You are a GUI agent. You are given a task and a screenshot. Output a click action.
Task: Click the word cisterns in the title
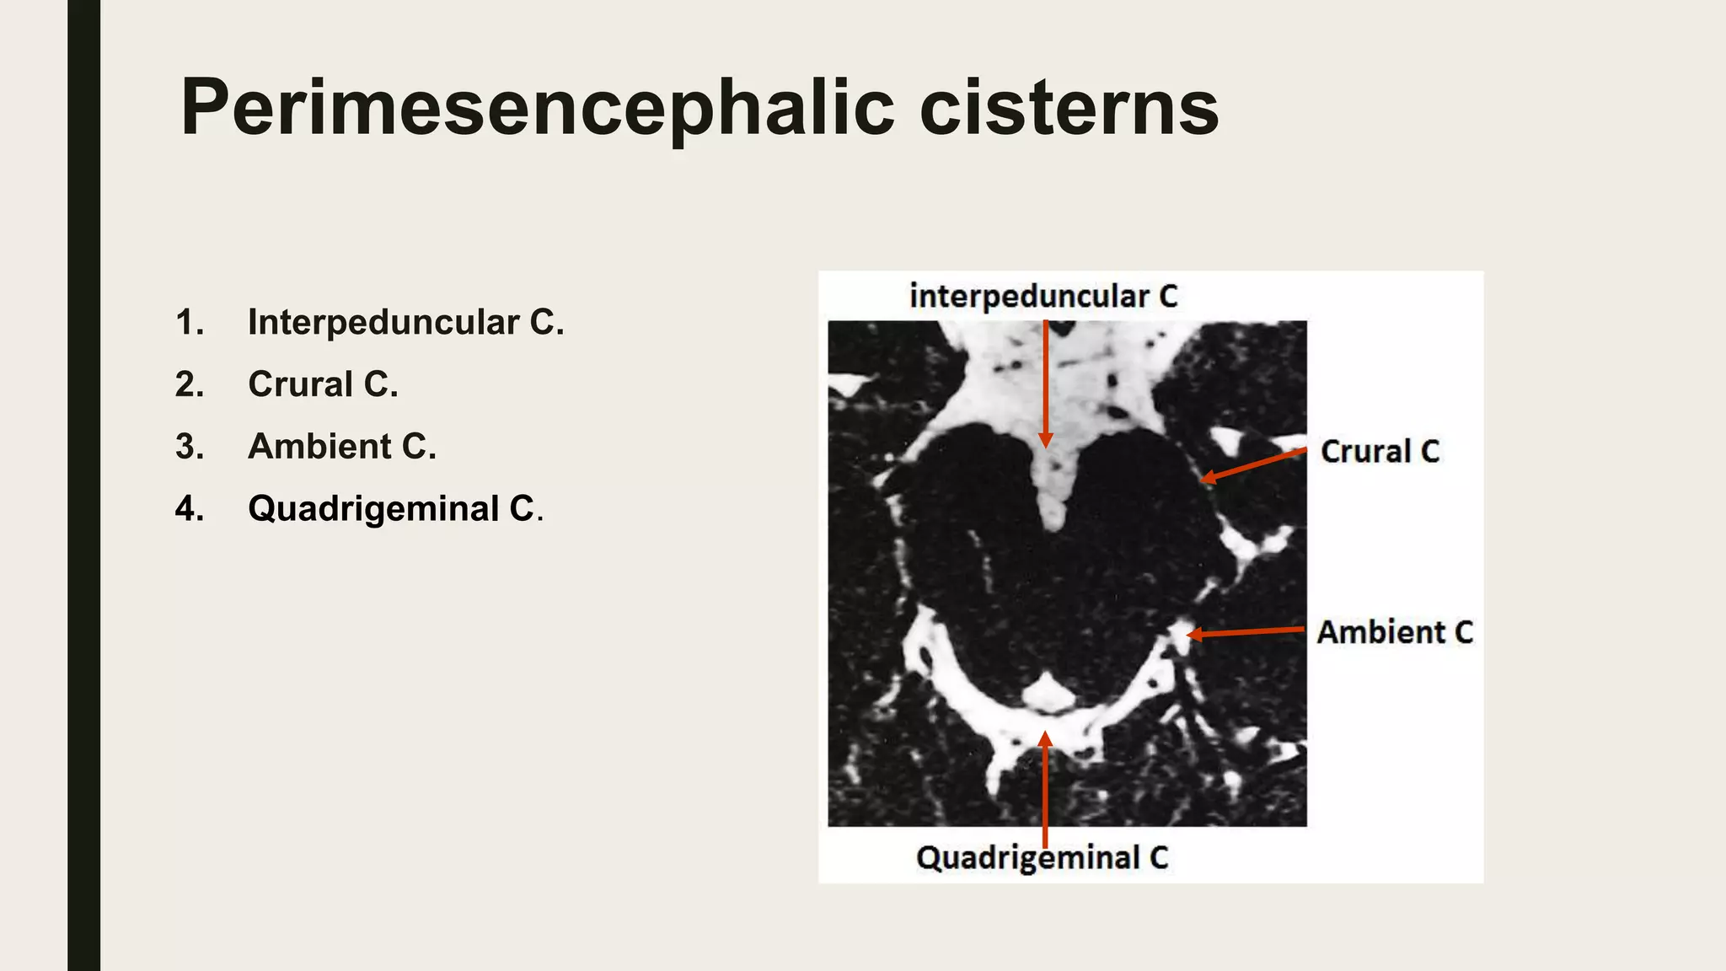[1069, 108]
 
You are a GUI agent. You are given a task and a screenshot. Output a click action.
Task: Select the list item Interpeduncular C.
[405, 322]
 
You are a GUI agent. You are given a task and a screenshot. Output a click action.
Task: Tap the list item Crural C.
[323, 384]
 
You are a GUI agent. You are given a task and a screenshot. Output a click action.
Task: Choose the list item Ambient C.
[342, 447]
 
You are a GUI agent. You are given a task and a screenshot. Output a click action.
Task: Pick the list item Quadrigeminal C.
[395, 508]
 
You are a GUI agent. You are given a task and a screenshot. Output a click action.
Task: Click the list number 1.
[190, 322]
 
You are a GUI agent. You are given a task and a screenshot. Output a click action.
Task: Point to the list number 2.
[190, 384]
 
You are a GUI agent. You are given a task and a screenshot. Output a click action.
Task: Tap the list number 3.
[190, 447]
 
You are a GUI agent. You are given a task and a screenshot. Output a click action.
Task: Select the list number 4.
[190, 508]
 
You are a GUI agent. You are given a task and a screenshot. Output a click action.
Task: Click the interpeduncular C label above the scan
[1043, 296]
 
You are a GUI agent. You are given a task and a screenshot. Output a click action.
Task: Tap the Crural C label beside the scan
[1380, 452]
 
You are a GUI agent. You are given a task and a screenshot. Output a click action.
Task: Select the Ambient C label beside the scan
[1395, 632]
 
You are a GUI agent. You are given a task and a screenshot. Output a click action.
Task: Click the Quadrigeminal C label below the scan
[1043, 858]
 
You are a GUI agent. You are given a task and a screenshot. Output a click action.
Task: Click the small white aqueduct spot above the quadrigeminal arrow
[1046, 695]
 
